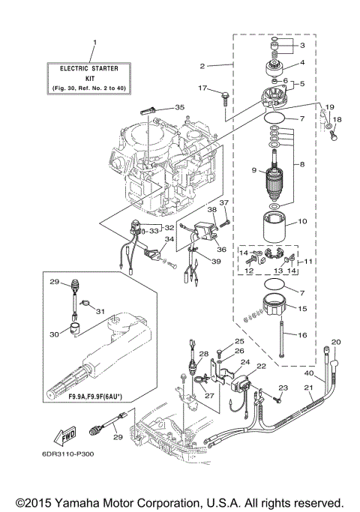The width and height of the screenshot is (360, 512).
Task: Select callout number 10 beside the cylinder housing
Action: (304, 222)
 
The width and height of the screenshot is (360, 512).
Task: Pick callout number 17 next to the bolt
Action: (202, 89)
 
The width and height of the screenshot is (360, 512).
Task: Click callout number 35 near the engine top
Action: (178, 107)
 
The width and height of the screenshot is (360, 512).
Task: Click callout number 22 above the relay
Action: (262, 366)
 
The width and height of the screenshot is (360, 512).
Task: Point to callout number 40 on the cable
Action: (309, 373)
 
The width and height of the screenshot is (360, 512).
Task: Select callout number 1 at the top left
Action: (94, 42)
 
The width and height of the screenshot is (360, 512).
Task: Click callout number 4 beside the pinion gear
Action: (302, 63)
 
